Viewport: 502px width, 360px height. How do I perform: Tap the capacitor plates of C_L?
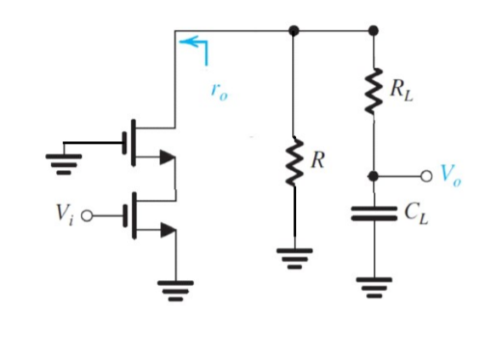pyautogui.click(x=373, y=214)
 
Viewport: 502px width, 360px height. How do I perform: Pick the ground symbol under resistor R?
pyautogui.click(x=294, y=254)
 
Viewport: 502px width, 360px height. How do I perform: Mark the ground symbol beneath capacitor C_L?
pyautogui.click(x=373, y=287)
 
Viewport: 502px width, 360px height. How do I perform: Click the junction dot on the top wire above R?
pyautogui.click(x=294, y=31)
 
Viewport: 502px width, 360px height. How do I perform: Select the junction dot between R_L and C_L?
pyautogui.click(x=373, y=175)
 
